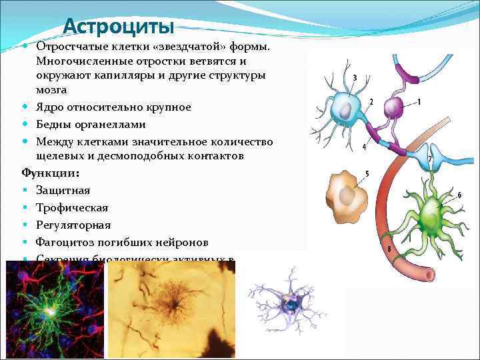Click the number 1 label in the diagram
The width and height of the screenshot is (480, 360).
click(x=419, y=101)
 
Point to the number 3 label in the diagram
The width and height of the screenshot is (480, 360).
click(x=354, y=77)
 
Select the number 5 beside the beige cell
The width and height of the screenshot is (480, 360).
click(x=367, y=174)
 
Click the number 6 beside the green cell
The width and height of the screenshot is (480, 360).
click(x=459, y=195)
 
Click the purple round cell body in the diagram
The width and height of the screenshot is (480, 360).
click(x=394, y=107)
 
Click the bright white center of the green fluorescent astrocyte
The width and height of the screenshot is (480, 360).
click(x=51, y=311)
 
